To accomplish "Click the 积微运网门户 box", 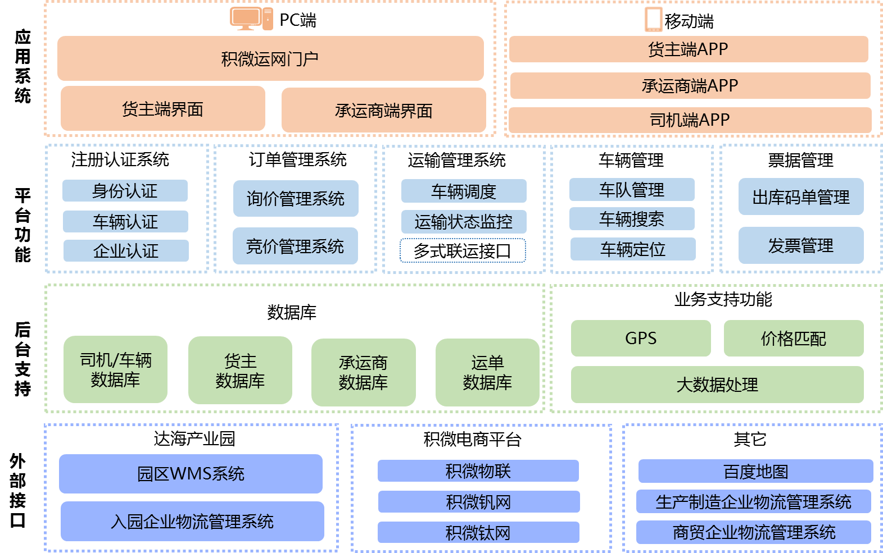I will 270,58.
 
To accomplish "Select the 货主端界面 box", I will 162,108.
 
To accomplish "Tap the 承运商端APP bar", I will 690,85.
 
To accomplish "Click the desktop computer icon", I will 251,19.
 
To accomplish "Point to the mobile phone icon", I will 654,19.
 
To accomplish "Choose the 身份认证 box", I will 125,191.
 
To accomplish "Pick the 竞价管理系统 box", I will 295,246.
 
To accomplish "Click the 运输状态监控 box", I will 464,222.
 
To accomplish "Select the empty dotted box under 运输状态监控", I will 463,250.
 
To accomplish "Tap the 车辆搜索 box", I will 632,219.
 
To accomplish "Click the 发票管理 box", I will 801,245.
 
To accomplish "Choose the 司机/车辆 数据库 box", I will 115,369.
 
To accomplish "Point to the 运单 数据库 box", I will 487,372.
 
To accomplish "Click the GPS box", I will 641,338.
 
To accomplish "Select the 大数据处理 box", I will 717,385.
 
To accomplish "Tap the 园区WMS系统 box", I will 191,474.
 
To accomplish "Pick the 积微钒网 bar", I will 478,502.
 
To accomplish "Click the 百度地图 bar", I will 755,472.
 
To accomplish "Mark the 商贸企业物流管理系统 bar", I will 754,532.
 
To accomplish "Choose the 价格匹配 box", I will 794,338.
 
